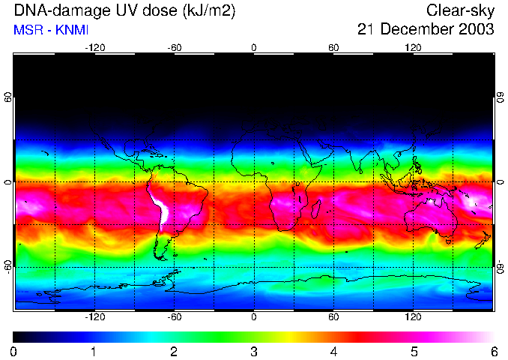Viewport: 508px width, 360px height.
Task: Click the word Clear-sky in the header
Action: pos(461,10)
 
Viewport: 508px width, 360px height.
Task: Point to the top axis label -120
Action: pos(94,47)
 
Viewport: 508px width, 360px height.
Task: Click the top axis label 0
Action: pos(254,47)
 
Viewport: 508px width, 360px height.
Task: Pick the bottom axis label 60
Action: pos(333,318)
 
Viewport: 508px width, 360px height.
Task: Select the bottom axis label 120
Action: pos(413,318)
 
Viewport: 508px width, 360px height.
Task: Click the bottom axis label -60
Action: pos(175,318)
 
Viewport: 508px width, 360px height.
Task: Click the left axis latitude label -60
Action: pos(8,266)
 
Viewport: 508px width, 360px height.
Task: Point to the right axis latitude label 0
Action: pos(501,182)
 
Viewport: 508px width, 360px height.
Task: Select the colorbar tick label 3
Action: pos(254,351)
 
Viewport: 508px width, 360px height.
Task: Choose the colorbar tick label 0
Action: pos(14,351)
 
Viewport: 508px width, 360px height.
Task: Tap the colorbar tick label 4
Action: pos(333,351)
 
